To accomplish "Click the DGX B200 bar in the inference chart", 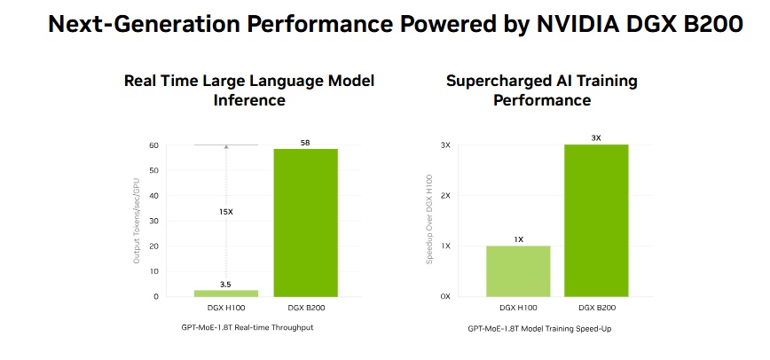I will pyautogui.click(x=305, y=222).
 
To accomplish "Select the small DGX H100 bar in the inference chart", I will pyautogui.click(x=226, y=293).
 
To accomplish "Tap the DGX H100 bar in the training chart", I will pyautogui.click(x=518, y=270).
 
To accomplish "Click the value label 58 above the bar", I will pyautogui.click(x=305, y=143).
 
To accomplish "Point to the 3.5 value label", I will pyautogui.click(x=226, y=284).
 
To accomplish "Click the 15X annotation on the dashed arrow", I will pyautogui.click(x=226, y=212).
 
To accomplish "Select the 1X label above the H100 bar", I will pyautogui.click(x=518, y=239).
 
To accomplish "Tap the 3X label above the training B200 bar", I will pyautogui.click(x=596, y=137).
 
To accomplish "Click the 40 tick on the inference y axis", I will pyautogui.click(x=153, y=195).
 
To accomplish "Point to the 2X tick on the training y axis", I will pyautogui.click(x=446, y=195).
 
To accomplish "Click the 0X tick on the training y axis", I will pyautogui.click(x=446, y=296).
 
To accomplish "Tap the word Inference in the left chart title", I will pyautogui.click(x=249, y=100).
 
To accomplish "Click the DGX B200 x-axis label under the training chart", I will pyautogui.click(x=596, y=308).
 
